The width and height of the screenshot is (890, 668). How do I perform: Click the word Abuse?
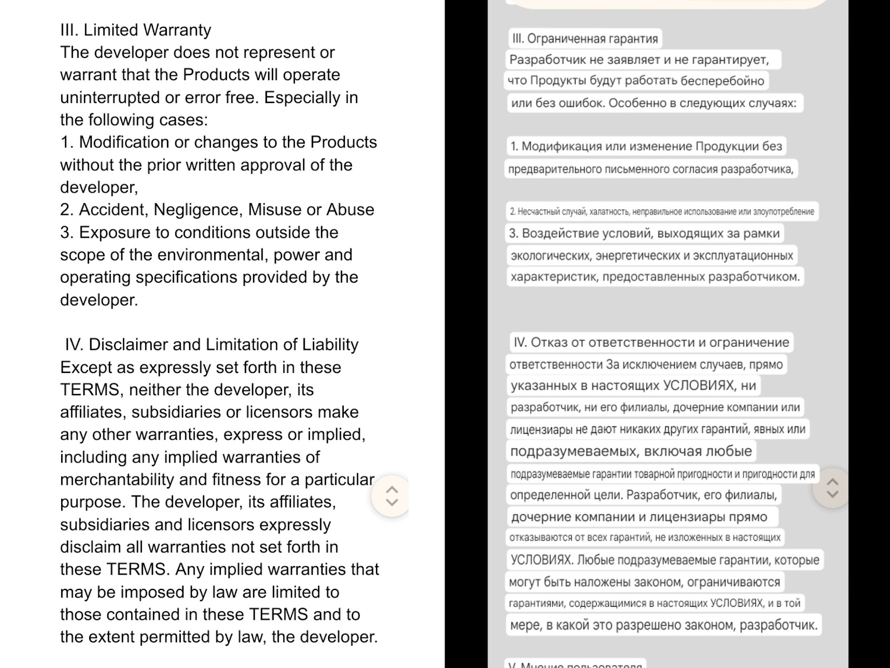tap(350, 210)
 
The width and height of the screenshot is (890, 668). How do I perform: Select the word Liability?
tap(330, 345)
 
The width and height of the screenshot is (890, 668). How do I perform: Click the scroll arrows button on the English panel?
tap(392, 495)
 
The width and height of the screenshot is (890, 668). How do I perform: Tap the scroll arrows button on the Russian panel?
tap(832, 488)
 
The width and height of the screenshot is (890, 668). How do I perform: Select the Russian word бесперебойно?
tap(726, 81)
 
